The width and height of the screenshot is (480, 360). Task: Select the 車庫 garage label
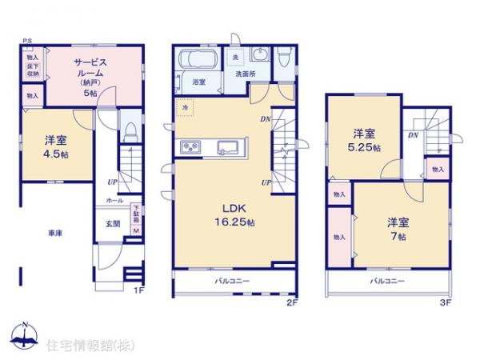click(54, 232)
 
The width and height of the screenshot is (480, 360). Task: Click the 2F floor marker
click(292, 303)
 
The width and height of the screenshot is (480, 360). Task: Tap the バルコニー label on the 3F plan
click(387, 282)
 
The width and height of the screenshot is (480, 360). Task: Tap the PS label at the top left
click(26, 40)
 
